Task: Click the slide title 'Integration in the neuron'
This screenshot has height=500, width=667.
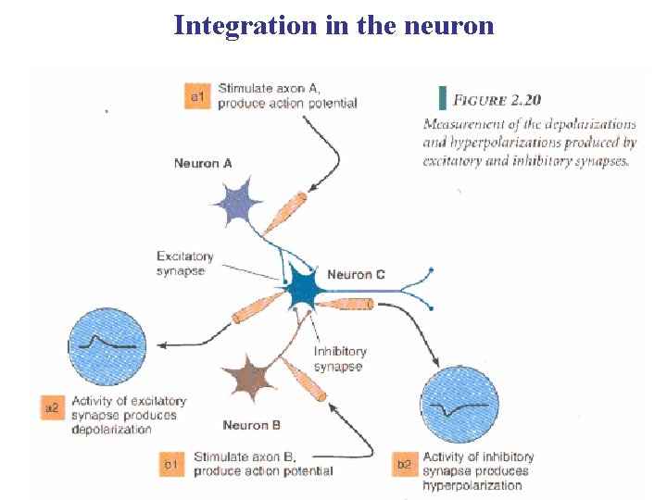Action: pyautogui.click(x=333, y=25)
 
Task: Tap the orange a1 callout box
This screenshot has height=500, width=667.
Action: pyautogui.click(x=197, y=95)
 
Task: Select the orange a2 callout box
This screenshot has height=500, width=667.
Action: pyautogui.click(x=54, y=408)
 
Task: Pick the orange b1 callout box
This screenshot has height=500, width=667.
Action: pyautogui.click(x=171, y=463)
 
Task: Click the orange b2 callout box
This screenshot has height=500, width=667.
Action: pyautogui.click(x=405, y=463)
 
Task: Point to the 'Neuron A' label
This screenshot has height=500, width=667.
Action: pyautogui.click(x=203, y=164)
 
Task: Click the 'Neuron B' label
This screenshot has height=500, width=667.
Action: pyautogui.click(x=251, y=425)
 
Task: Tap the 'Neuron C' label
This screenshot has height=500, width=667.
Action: pyautogui.click(x=356, y=275)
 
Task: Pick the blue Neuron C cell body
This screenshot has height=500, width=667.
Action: pyautogui.click(x=303, y=291)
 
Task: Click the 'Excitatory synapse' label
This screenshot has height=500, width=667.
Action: pyautogui.click(x=185, y=264)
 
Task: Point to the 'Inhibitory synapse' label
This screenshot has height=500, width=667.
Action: pyautogui.click(x=339, y=359)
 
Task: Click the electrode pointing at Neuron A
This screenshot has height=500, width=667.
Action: pyautogui.click(x=283, y=213)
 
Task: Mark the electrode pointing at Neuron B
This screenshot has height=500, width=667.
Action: pyautogui.click(x=304, y=380)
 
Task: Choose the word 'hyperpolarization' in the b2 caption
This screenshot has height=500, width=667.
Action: pyautogui.click(x=472, y=484)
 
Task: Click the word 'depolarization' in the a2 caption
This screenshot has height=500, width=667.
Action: pyautogui.click(x=111, y=430)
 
